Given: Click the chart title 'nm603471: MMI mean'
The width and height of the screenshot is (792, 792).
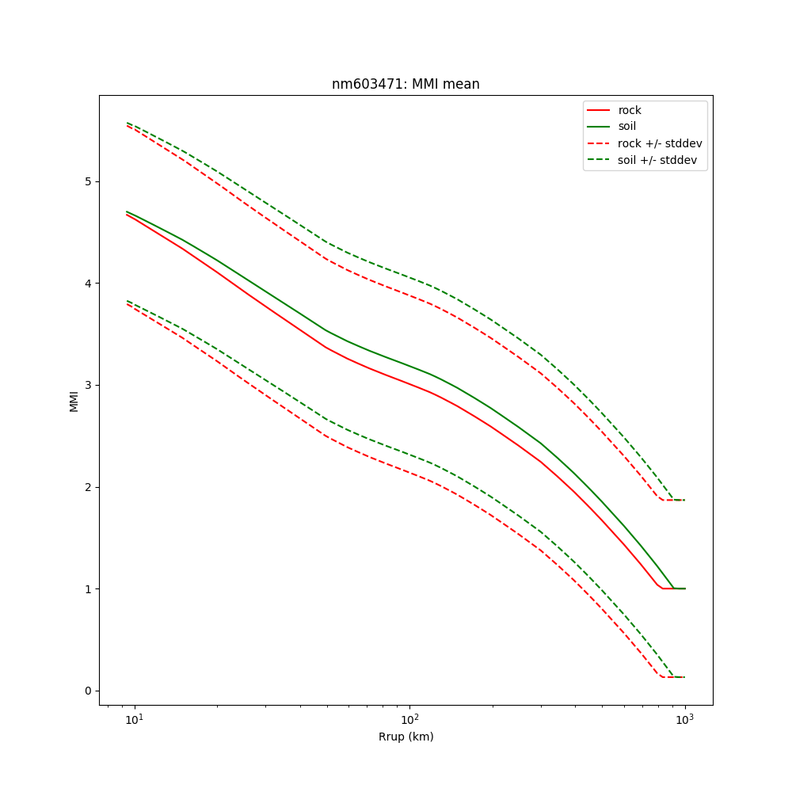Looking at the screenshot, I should (406, 84).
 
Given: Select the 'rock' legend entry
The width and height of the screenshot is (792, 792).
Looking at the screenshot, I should (630, 110).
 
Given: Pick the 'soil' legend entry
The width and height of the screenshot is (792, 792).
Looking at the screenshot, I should (627, 127).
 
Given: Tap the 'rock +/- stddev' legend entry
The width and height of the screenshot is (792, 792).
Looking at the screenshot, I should (660, 143).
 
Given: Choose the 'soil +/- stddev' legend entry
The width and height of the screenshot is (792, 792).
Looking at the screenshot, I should (657, 160).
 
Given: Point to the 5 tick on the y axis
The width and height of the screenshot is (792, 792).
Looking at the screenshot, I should (88, 181).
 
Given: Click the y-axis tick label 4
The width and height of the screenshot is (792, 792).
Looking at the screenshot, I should (88, 284).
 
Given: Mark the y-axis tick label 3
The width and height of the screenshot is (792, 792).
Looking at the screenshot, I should (88, 385).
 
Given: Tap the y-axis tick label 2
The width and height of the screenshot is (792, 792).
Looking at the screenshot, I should (88, 487).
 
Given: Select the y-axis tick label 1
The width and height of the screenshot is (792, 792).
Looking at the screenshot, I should (88, 589).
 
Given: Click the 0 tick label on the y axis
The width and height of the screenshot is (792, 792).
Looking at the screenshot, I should (88, 691).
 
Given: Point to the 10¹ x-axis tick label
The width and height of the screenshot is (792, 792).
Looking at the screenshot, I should (135, 719).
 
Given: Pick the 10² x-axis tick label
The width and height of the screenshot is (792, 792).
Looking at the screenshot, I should (409, 719).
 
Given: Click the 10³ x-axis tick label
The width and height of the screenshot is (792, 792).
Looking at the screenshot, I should (684, 719).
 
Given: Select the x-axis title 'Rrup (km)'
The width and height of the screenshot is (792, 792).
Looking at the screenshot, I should (406, 737).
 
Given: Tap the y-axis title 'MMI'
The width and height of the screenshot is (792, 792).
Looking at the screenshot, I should (74, 400).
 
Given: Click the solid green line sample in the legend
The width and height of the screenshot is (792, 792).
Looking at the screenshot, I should (599, 127).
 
